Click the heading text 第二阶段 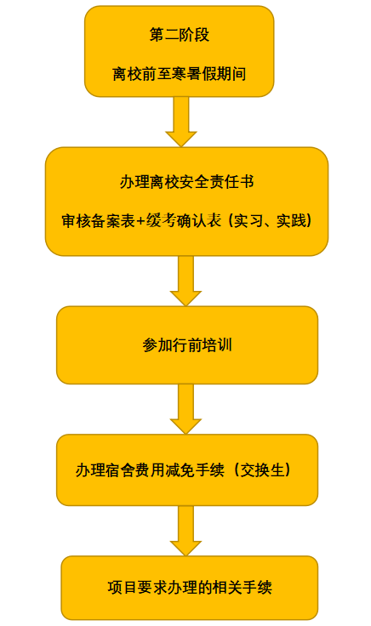tap(180, 35)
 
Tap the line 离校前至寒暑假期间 tap(180, 74)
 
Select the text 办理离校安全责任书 tap(187, 182)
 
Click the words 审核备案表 tap(98, 221)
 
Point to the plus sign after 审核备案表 tap(141, 221)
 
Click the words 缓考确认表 tap(184, 221)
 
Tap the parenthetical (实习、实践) tap(270, 221)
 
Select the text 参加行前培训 tap(187, 345)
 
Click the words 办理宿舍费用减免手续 tap(150, 469)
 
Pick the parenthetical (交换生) tap(262, 469)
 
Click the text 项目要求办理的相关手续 tap(190, 587)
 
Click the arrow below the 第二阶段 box tap(181, 122)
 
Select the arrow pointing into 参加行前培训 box tap(185, 281)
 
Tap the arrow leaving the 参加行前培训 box tap(185, 409)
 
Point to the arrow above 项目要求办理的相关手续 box tap(185, 531)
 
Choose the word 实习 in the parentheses tap(248, 221)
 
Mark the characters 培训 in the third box tap(218, 345)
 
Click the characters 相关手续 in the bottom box tap(243, 587)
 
